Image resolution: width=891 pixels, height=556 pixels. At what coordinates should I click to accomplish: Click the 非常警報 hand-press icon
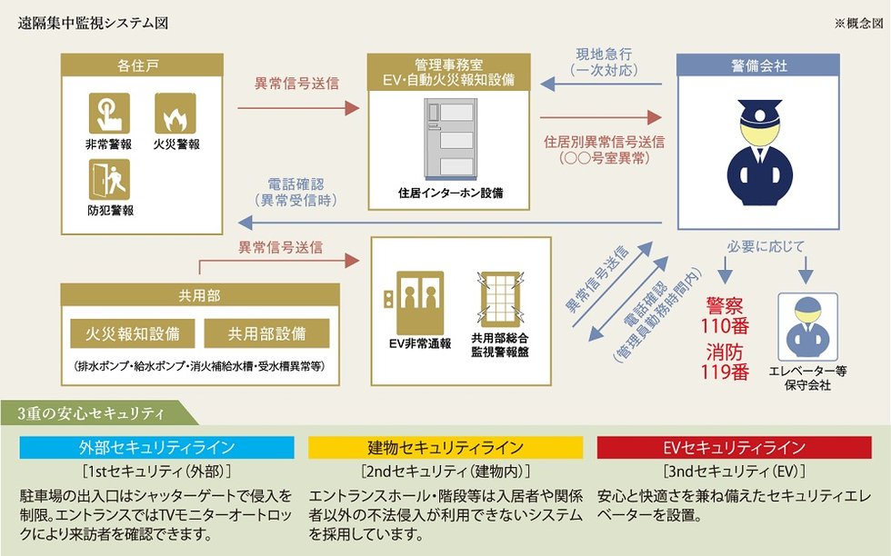109,113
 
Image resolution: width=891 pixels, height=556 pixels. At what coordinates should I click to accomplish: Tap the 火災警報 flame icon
175,113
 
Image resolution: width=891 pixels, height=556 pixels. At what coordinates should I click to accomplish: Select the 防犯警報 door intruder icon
109,180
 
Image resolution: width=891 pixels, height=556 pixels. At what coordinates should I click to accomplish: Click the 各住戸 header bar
142,65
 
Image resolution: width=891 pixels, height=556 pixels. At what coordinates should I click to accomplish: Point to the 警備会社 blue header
758,65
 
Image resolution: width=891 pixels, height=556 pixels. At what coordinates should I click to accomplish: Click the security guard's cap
760,110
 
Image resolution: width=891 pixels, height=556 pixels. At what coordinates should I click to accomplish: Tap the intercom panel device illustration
451,140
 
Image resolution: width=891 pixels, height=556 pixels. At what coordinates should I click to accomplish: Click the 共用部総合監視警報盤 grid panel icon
500,299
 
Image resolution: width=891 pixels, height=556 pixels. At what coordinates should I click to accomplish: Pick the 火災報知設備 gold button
133,333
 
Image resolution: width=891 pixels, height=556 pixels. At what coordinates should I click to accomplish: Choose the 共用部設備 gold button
266,333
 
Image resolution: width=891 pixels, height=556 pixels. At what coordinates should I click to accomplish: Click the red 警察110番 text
725,316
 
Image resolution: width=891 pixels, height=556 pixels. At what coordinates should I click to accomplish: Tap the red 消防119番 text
725,362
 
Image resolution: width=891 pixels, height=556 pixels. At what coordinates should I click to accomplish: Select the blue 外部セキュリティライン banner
156,448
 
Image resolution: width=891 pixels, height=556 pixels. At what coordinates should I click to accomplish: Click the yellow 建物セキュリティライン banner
445,448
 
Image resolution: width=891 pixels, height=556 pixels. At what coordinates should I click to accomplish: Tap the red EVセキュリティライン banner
735,448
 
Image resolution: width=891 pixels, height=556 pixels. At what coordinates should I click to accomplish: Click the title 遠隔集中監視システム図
93,24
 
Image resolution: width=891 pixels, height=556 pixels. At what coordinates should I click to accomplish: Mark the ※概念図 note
859,24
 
